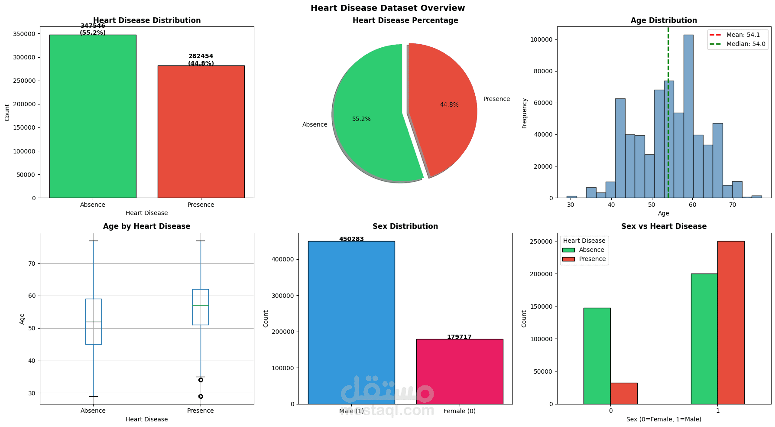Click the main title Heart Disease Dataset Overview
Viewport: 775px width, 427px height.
[387, 8]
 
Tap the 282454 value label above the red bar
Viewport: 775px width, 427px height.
[201, 56]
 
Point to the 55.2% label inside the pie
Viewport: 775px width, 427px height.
[361, 119]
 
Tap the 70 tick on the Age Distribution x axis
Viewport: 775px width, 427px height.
[733, 205]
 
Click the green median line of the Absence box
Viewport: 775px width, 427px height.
[93, 322]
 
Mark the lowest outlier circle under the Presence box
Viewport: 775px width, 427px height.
[201, 396]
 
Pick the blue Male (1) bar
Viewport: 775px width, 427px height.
[351, 323]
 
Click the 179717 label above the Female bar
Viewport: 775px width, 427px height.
[459, 337]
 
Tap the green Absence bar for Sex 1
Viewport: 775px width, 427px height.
[704, 339]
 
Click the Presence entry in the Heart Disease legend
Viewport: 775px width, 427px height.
[592, 259]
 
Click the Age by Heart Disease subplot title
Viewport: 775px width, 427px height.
[146, 226]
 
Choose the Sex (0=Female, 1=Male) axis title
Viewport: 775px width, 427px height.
[664, 419]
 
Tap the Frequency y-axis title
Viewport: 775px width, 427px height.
[524, 113]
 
